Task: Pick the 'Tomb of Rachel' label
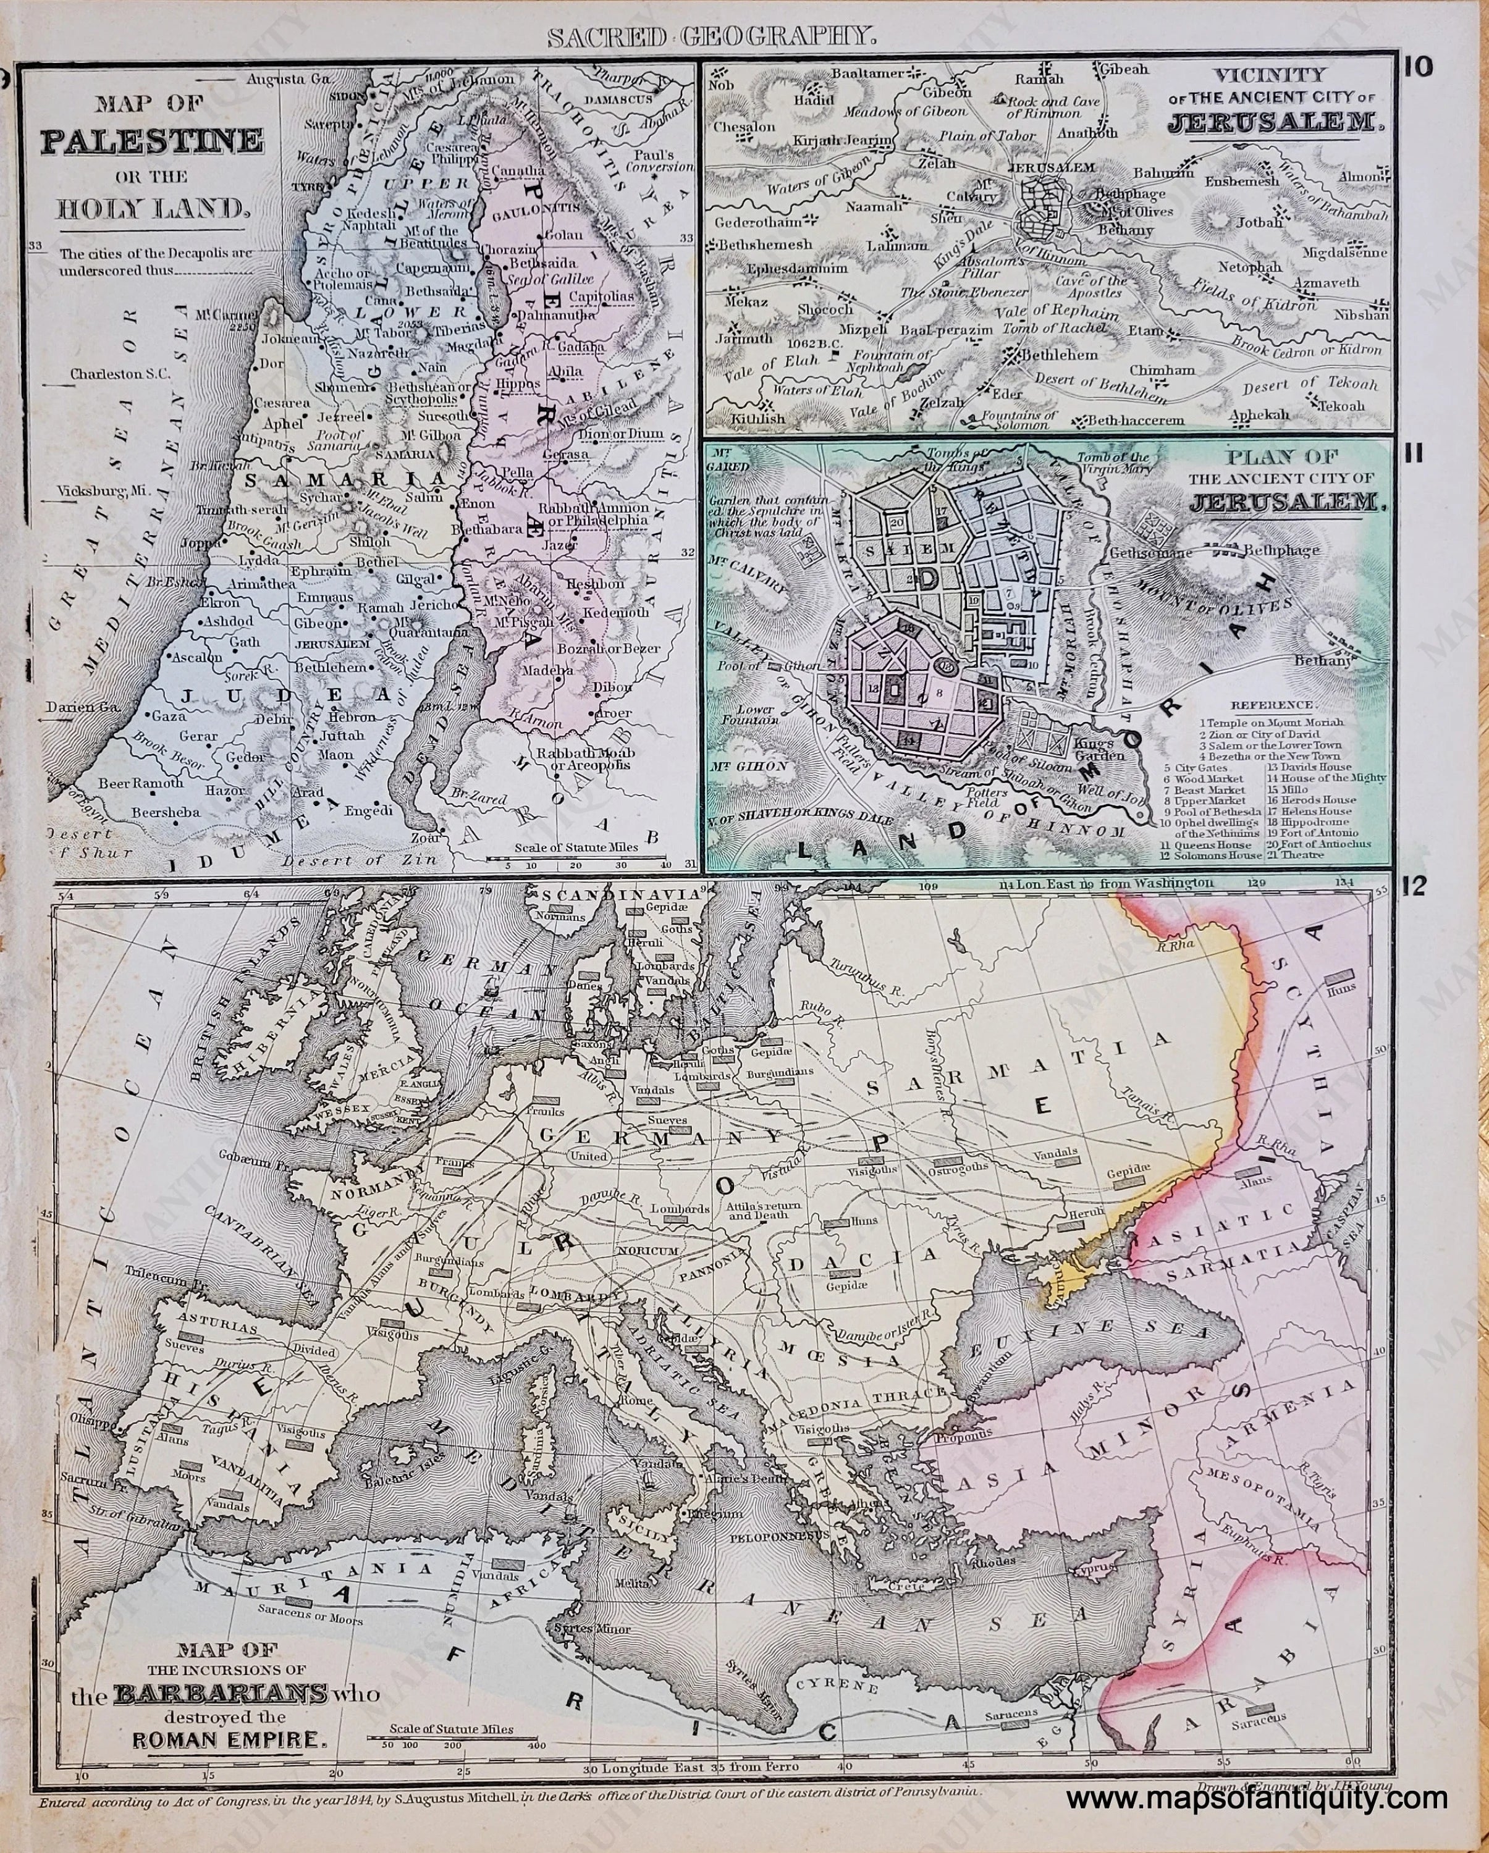click(1072, 331)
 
